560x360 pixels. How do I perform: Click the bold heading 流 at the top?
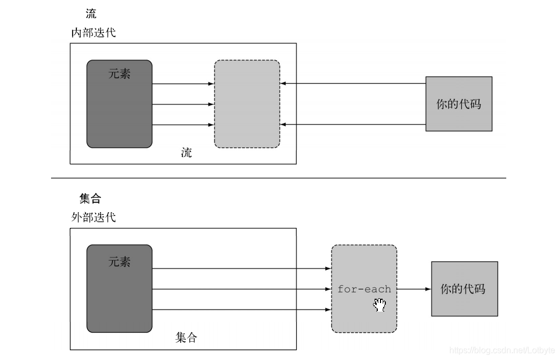91,14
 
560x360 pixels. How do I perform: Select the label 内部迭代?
93,33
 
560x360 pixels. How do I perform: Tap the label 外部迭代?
93,218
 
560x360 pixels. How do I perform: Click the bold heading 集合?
90,199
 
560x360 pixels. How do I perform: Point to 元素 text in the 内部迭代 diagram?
119,74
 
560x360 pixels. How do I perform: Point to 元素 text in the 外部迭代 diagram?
119,262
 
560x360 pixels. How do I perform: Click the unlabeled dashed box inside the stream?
247,104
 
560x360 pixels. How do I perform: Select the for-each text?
364,289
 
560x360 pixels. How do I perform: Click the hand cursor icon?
380,305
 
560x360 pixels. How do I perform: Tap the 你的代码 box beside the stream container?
458,104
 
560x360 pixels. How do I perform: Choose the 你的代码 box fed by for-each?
464,289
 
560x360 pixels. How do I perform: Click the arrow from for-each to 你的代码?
414,289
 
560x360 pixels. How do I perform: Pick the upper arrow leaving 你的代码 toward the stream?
353,84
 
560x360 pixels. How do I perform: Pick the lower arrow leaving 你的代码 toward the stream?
353,125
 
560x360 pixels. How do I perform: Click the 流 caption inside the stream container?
186,153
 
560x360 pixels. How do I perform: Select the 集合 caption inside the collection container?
186,337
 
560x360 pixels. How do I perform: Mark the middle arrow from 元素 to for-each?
241,289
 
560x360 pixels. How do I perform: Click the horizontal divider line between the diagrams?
278,178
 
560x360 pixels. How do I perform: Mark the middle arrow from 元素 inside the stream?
183,104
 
